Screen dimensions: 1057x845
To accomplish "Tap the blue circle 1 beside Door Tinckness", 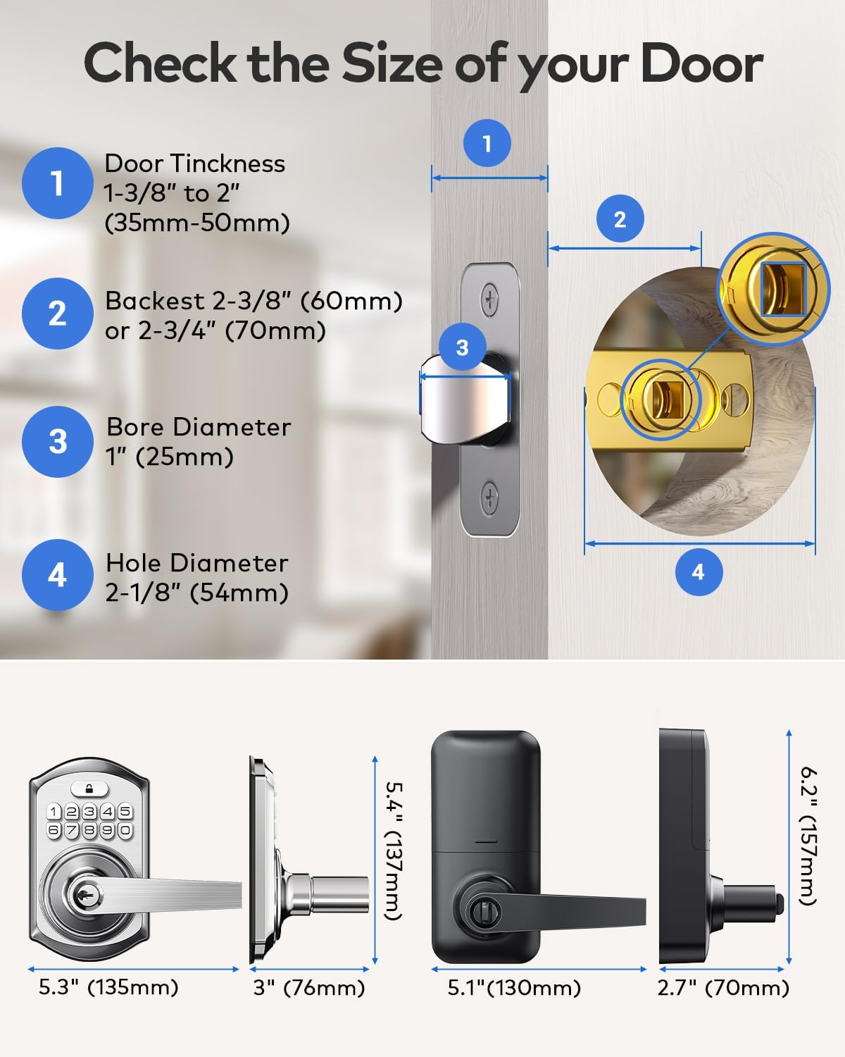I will [x=57, y=183].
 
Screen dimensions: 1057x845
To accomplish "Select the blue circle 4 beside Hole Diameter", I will [x=57, y=574].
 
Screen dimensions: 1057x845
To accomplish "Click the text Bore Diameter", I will [x=199, y=427].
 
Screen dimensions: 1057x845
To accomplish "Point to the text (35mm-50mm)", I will [x=197, y=223].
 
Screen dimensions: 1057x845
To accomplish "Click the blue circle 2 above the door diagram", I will [x=620, y=219].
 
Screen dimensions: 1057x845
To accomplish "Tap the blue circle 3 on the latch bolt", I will [x=462, y=347].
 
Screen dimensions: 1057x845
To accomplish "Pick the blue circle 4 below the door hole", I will [x=698, y=571].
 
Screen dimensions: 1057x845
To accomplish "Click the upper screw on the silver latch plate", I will [x=489, y=299].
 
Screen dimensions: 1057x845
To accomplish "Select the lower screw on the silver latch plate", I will [x=489, y=497].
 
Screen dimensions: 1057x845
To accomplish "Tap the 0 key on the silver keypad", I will [x=125, y=830].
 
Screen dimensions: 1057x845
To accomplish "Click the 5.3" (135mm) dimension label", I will [x=108, y=987].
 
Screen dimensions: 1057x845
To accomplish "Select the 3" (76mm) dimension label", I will [x=309, y=987].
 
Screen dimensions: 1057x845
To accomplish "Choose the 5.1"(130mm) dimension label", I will [x=514, y=987].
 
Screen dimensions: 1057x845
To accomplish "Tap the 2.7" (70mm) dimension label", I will [x=723, y=987].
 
